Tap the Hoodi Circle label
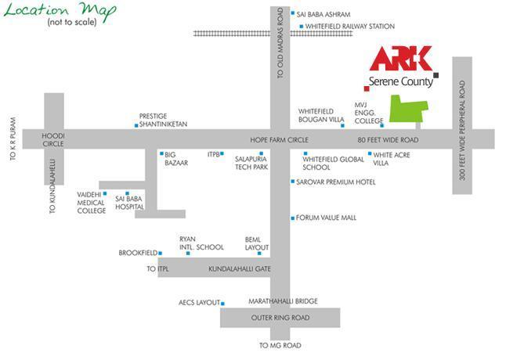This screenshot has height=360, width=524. click(54, 139)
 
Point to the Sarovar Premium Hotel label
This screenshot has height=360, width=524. click(335, 182)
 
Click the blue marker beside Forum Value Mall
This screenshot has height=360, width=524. click(293, 218)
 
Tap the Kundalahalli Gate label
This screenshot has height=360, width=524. click(239, 269)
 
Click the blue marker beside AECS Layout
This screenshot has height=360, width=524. click(223, 303)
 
